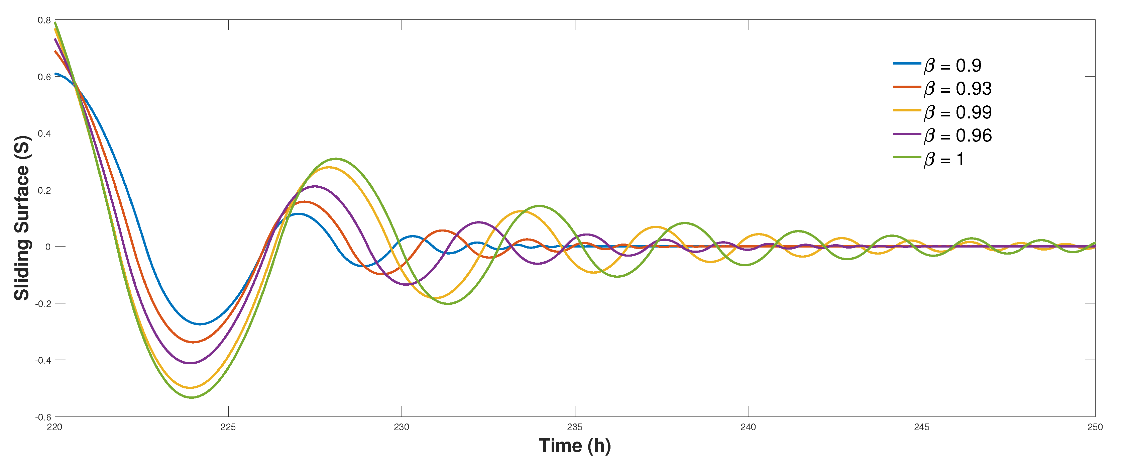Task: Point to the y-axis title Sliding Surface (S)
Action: coord(22,218)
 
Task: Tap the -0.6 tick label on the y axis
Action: coord(43,417)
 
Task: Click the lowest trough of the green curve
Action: coord(192,397)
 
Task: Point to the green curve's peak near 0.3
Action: coord(336,159)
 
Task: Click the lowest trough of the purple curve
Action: coord(191,363)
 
